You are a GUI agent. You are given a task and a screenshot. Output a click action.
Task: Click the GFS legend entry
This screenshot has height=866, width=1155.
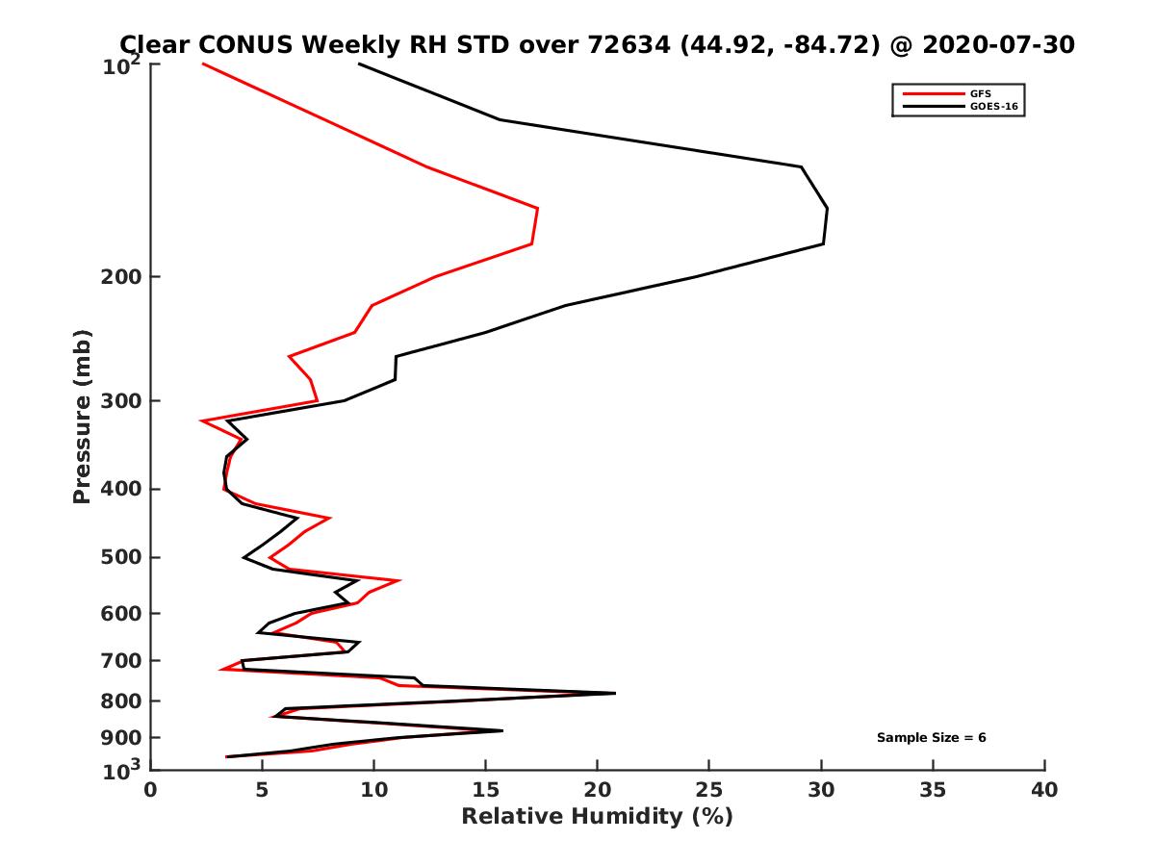[x=981, y=93]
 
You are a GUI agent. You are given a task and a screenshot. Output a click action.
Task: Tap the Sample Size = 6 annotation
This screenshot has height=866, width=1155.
[x=931, y=738]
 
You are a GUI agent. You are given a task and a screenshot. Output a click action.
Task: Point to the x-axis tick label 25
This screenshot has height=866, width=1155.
[x=708, y=791]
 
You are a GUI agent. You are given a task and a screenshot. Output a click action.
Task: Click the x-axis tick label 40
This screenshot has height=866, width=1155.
[x=1044, y=791]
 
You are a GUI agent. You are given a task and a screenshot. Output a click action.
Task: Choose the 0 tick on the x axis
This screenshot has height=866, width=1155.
[x=151, y=791]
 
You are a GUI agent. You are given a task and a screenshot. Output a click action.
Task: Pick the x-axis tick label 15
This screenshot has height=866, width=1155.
[x=485, y=791]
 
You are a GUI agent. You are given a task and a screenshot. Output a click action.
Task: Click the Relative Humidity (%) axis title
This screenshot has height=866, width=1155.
[x=597, y=817]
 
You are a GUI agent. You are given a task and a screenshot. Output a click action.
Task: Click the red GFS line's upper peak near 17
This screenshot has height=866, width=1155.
[x=537, y=208]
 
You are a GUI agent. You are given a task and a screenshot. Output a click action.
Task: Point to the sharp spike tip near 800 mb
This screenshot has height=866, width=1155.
[x=614, y=693]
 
